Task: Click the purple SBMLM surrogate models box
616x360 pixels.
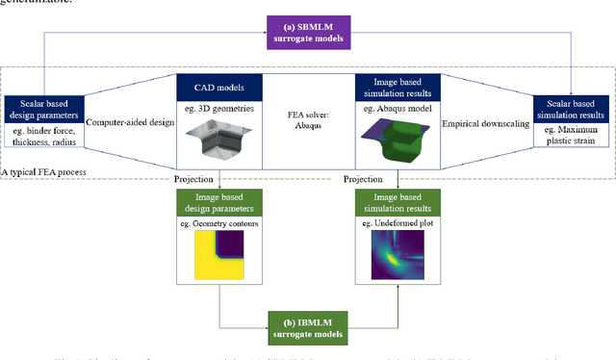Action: coord(307,34)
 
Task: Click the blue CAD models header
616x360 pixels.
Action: coord(221,90)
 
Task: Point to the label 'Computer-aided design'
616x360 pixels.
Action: coord(129,124)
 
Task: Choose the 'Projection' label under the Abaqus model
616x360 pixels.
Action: coord(365,178)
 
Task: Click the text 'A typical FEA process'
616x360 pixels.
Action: coord(47,170)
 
